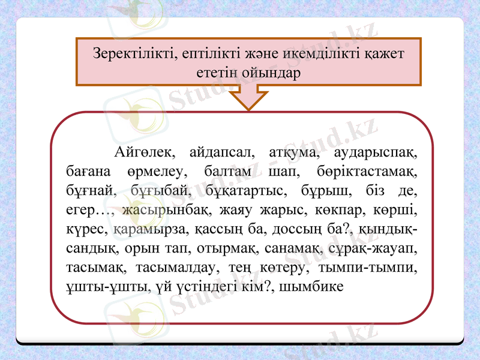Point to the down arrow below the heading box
[x=248, y=98]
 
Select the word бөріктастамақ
[x=366, y=171]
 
